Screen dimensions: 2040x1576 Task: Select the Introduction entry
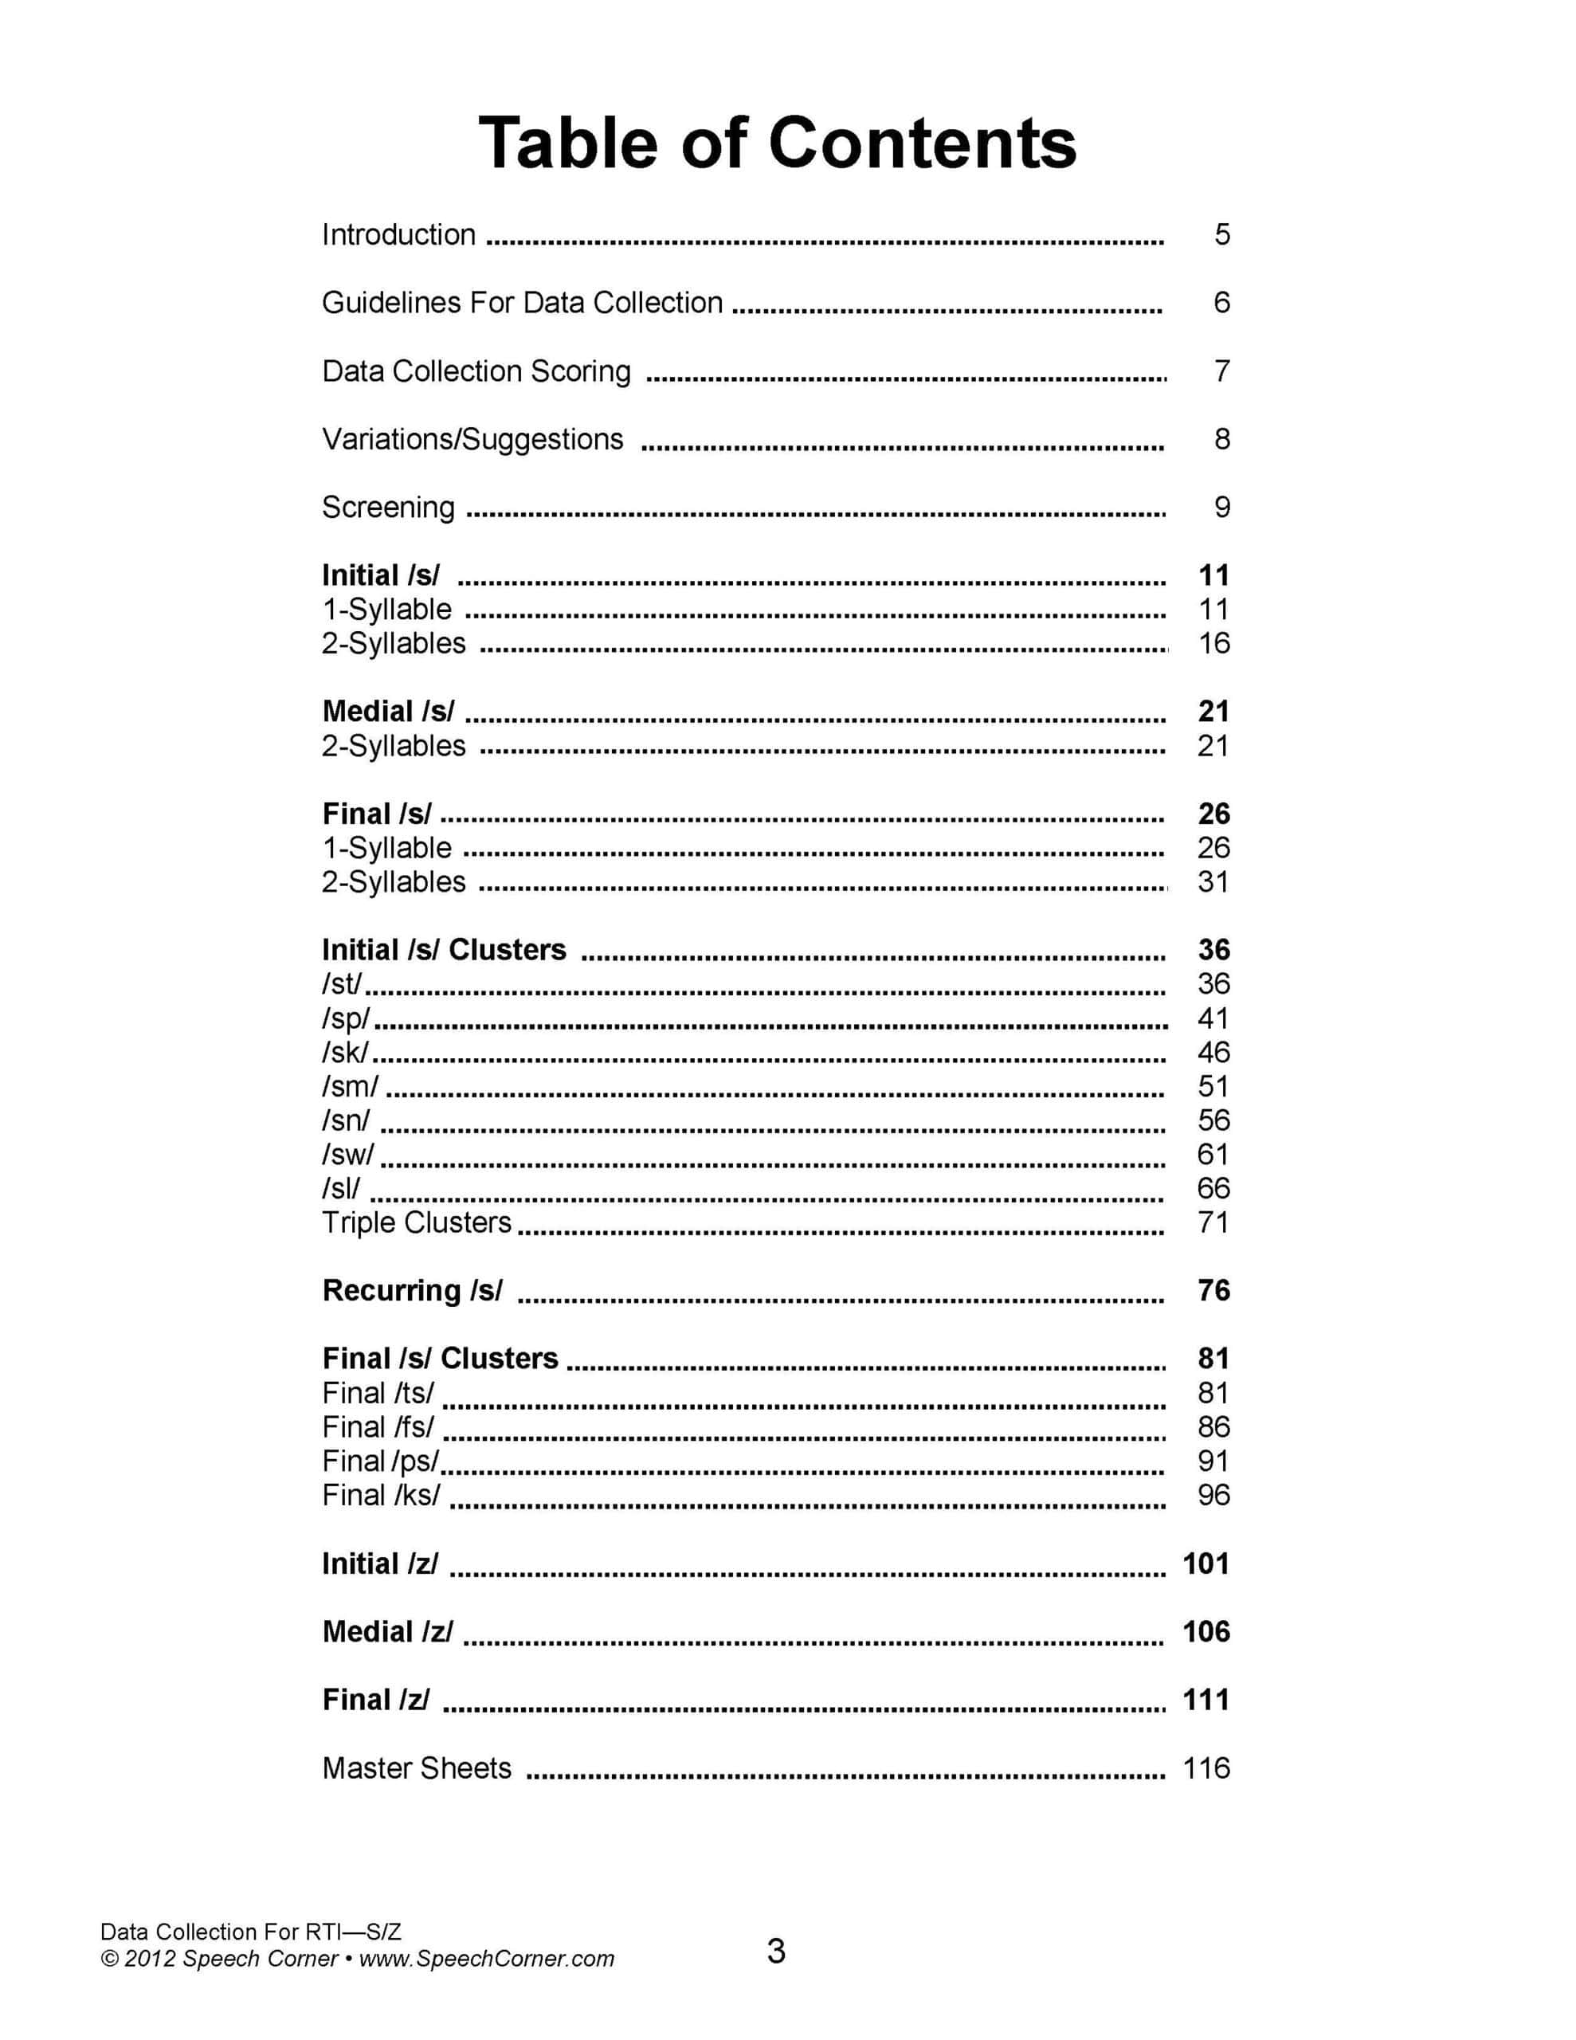point(399,234)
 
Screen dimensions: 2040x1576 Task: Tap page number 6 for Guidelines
point(1221,303)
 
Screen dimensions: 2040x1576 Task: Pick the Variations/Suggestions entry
point(472,440)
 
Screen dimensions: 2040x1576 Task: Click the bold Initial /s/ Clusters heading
point(444,950)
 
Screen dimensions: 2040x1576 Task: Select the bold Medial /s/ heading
point(389,712)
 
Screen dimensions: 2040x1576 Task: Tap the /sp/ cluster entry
point(347,1018)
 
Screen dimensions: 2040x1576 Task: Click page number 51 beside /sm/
point(1213,1086)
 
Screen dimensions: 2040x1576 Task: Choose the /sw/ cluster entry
point(347,1155)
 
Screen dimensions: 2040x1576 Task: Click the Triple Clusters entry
point(417,1222)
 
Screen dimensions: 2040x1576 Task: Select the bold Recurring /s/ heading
point(412,1291)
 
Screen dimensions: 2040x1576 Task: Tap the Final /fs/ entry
point(378,1427)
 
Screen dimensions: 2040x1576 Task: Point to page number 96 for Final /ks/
point(1213,1496)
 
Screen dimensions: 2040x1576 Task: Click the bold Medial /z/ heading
point(388,1632)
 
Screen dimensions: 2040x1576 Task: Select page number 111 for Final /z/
point(1206,1700)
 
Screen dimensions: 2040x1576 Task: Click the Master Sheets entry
point(417,1768)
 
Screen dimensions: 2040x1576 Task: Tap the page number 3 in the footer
point(776,1952)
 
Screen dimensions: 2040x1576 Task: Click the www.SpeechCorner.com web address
point(487,1959)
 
